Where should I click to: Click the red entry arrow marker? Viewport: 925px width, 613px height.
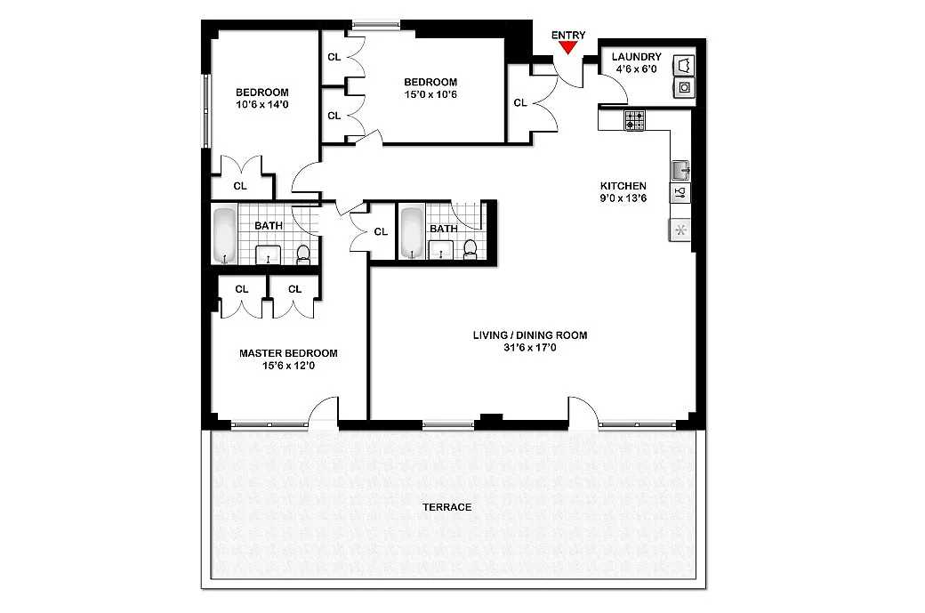[568, 47]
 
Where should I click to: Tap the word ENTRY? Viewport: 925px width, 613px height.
[568, 36]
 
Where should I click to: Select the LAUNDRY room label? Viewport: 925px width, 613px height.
[637, 57]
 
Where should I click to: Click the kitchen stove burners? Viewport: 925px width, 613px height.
[635, 120]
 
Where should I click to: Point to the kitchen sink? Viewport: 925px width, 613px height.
[680, 171]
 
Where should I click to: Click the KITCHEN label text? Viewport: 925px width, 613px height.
[623, 186]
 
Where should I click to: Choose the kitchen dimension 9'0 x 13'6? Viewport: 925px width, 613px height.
[623, 198]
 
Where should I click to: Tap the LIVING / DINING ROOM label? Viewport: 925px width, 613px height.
[530, 335]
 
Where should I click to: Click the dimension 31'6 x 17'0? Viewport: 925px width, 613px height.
[530, 348]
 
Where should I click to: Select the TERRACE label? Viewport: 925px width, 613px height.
[447, 507]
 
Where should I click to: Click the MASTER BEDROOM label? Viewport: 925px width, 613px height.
[288, 353]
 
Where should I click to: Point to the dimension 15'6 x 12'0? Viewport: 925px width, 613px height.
[288, 366]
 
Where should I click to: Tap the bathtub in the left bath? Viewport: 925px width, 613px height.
[224, 235]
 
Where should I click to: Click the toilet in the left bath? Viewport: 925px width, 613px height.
[303, 254]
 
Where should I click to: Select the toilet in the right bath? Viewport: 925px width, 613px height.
[471, 250]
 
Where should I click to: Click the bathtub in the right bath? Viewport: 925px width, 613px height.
[412, 232]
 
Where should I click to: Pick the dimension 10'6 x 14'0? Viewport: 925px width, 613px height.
[261, 105]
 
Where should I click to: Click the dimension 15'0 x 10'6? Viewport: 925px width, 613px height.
[430, 94]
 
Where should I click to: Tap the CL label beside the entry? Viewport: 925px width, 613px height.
[519, 102]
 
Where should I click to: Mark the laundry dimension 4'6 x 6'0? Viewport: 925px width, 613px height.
[637, 69]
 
